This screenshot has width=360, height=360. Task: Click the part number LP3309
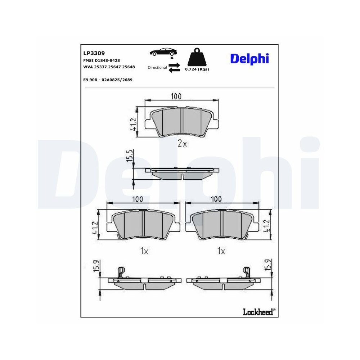click(x=94, y=53)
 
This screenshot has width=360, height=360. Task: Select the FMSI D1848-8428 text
click(x=102, y=60)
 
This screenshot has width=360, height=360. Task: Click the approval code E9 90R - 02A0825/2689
click(x=108, y=80)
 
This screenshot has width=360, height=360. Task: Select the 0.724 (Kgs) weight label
click(x=197, y=69)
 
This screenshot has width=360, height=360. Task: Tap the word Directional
click(x=157, y=68)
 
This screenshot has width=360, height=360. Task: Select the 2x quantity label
click(x=183, y=144)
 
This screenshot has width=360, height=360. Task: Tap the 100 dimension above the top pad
click(x=176, y=96)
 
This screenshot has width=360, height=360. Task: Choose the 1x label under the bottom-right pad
click(x=221, y=251)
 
